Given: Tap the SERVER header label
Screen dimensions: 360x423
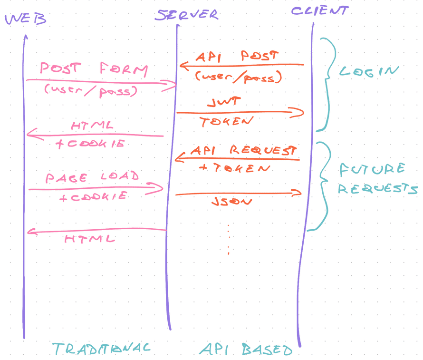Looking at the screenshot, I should pos(187,15).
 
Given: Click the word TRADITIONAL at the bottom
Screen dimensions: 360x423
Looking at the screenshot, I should pos(101,349).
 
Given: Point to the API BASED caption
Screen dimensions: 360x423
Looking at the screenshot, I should pos(245,350).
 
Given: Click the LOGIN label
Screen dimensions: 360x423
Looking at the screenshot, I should pos(368,71).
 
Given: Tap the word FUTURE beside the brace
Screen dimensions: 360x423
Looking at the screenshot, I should pos(372,169).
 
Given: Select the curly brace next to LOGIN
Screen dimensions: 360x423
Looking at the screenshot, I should pos(326,83).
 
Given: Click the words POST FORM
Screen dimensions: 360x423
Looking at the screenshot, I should pos(94,69).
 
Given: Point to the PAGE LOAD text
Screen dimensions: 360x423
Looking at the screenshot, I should pos(93,177).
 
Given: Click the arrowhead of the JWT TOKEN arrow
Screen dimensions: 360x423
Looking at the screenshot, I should pos(299,112).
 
